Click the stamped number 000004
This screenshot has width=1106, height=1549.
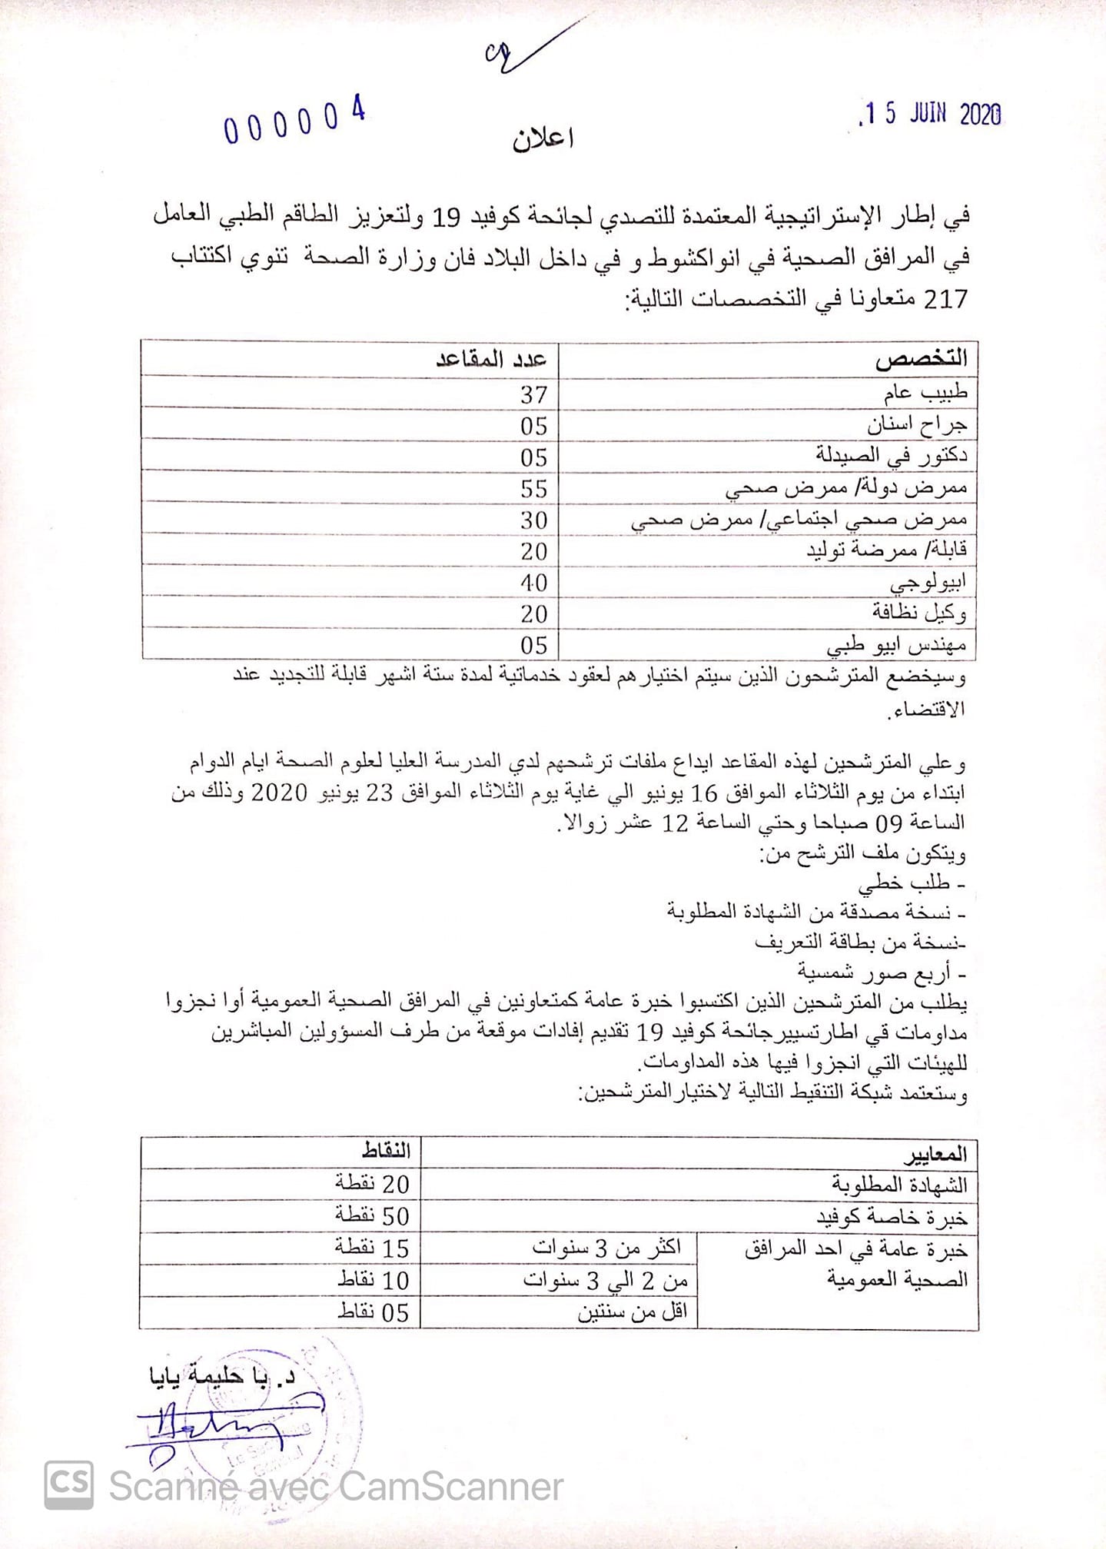click(294, 121)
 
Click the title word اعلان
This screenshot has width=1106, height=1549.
click(543, 139)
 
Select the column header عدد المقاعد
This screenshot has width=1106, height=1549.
click(491, 359)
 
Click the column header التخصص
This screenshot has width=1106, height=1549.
click(921, 359)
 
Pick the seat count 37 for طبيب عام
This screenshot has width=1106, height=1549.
click(533, 395)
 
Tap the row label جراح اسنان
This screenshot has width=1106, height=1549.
click(917, 425)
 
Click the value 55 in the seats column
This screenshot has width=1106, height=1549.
click(533, 489)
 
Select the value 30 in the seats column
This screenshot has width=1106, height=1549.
click(533, 520)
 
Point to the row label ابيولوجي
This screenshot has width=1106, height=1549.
click(928, 583)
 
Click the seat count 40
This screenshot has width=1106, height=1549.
click(533, 583)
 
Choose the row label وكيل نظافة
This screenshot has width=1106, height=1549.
click(919, 613)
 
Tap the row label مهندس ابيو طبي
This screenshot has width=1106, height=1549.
click(896, 645)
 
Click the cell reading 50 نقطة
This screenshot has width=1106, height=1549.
click(373, 1216)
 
